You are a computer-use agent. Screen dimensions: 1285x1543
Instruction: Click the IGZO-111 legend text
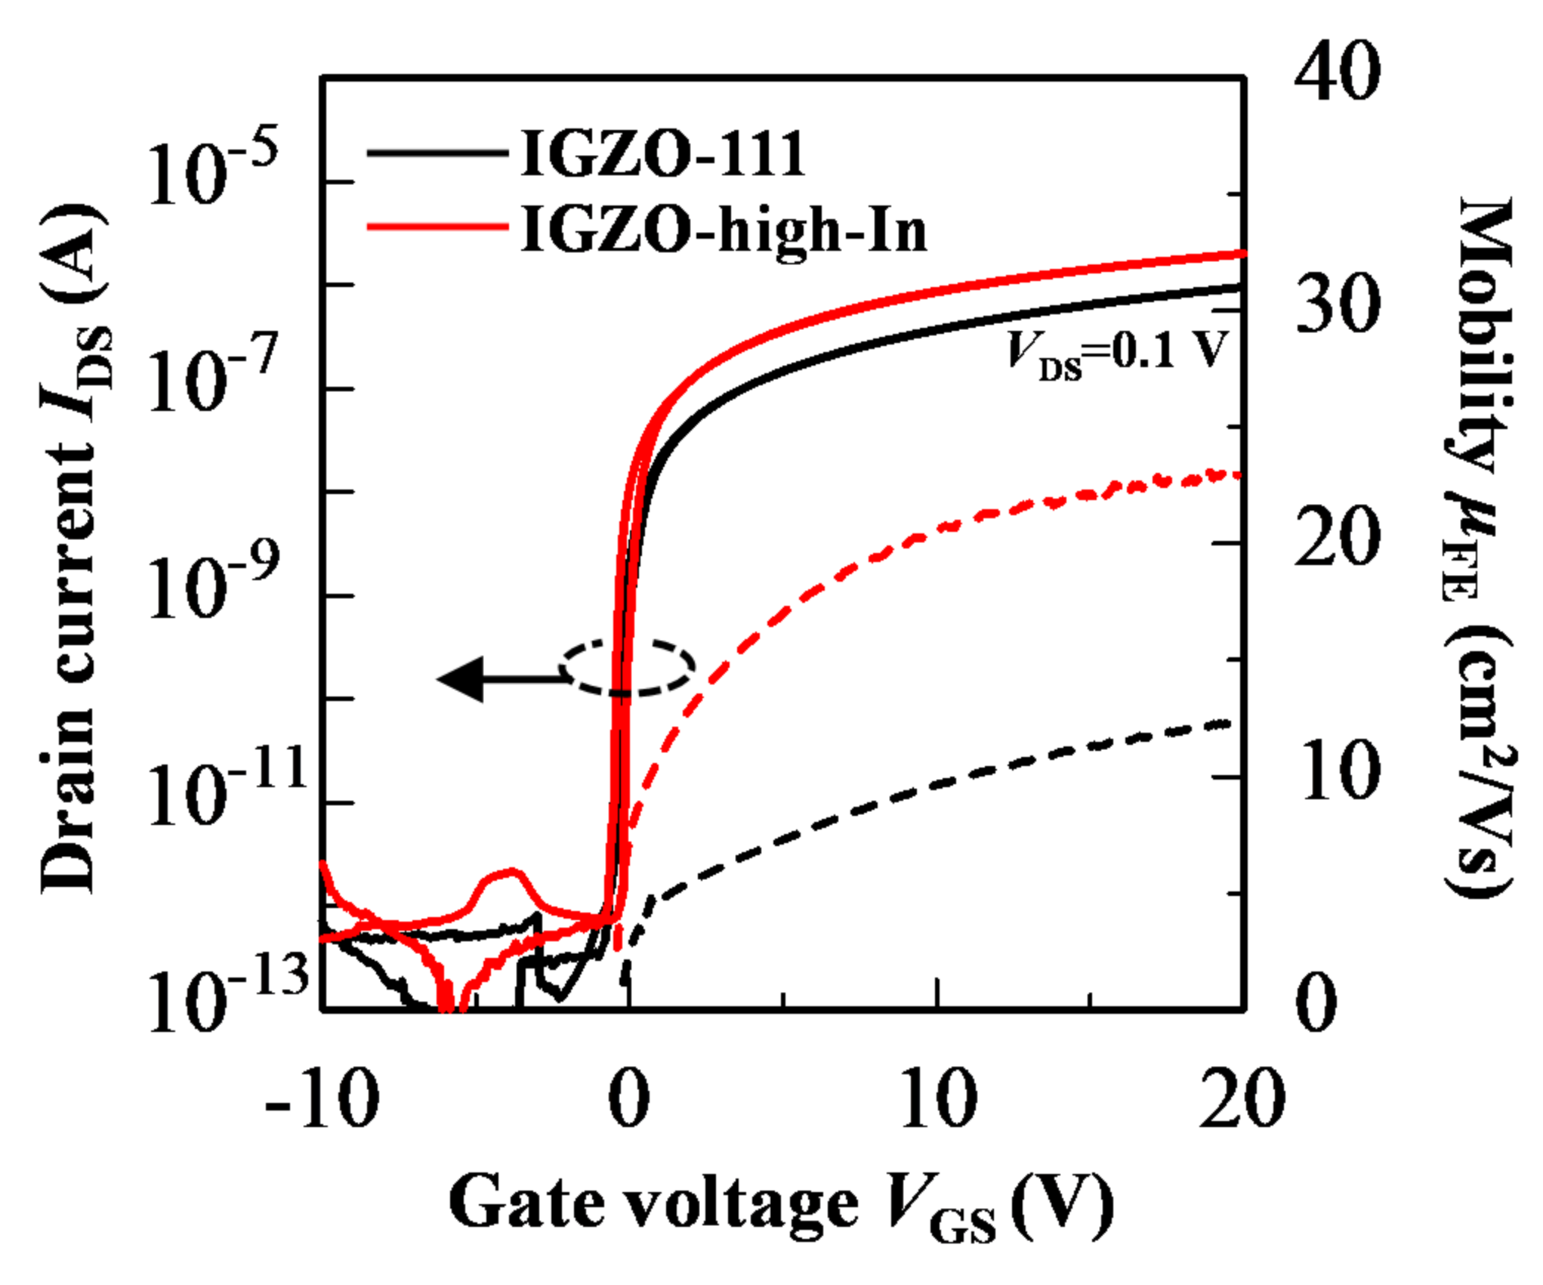pos(663,155)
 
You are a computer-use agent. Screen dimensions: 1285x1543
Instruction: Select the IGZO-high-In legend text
pos(724,230)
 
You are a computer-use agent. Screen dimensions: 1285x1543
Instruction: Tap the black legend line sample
pos(438,153)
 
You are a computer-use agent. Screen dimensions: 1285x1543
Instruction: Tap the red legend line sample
pos(438,226)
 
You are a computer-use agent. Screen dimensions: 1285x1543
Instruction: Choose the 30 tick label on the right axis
pos(1337,306)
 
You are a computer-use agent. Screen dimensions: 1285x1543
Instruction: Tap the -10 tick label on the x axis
pos(322,1099)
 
